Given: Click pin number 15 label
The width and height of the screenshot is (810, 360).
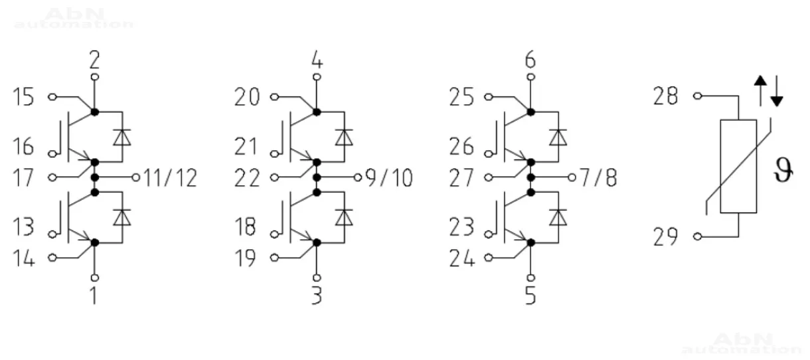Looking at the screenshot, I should [23, 98].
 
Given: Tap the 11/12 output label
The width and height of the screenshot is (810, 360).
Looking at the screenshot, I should [171, 178].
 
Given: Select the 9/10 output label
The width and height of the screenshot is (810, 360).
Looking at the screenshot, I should [389, 178].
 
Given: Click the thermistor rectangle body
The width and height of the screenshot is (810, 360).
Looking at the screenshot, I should [738, 166].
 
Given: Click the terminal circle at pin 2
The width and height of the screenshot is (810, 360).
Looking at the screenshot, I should [94, 78].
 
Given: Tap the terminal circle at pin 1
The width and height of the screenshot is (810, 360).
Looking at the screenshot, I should [94, 277].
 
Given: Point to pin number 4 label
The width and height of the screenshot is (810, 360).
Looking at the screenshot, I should [317, 61].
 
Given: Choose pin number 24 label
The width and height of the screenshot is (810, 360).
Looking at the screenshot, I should [462, 258].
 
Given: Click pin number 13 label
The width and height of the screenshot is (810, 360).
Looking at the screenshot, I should [23, 228].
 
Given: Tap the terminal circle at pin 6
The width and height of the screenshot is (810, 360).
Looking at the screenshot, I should [530, 78].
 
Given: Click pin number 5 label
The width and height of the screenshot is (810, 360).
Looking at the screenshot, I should [530, 294].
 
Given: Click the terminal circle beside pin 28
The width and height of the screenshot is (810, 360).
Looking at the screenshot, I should [696, 97].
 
